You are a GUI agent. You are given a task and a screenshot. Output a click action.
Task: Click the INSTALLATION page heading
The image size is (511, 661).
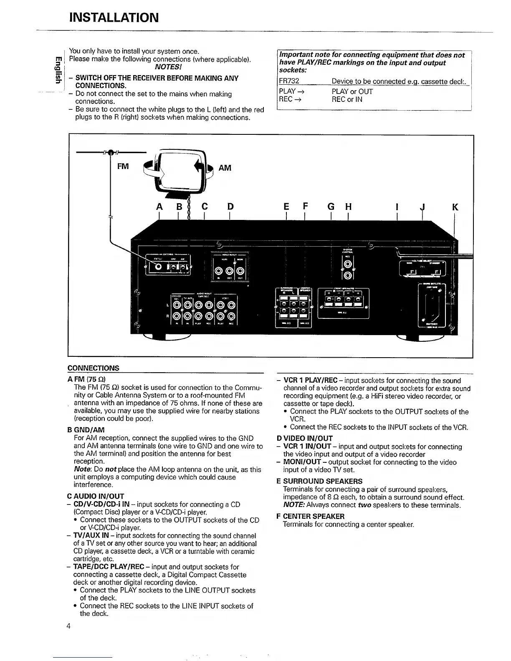click(x=114, y=18)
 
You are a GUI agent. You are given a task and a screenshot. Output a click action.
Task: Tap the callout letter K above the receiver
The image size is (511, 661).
click(x=455, y=207)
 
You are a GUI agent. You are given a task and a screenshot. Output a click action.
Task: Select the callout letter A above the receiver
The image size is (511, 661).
click(x=159, y=207)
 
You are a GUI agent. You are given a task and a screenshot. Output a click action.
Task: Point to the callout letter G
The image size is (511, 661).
click(x=331, y=207)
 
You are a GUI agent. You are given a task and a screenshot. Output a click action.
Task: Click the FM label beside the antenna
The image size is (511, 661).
click(x=123, y=167)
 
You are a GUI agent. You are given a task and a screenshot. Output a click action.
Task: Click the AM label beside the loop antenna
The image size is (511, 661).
click(x=225, y=168)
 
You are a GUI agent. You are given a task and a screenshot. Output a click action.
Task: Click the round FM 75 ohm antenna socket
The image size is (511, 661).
click(x=159, y=267)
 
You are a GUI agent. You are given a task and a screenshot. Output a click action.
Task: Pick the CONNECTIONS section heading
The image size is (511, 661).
click(x=93, y=368)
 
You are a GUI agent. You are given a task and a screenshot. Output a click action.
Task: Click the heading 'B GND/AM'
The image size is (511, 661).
click(x=86, y=430)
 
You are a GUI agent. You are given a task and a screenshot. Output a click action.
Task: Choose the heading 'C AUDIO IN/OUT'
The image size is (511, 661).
click(x=96, y=496)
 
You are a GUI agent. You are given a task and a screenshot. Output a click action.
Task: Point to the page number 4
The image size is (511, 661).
click(x=68, y=626)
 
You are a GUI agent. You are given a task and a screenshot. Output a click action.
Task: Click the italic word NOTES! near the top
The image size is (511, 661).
click(x=167, y=67)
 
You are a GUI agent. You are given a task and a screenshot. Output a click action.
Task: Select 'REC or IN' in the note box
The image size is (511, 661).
click(x=347, y=99)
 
